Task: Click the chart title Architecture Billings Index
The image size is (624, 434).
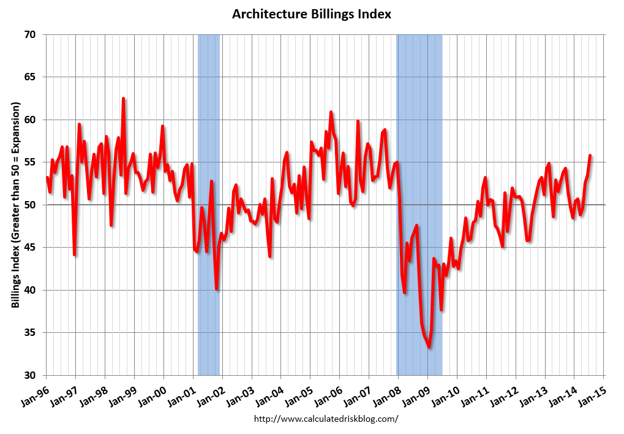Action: point(312,13)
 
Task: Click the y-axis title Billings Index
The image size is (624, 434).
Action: point(16,205)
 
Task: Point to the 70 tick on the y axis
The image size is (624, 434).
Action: point(31,35)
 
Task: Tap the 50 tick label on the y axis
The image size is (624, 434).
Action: point(31,205)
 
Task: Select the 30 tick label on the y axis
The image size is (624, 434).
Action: point(31,375)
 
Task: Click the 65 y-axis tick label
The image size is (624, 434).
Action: point(31,77)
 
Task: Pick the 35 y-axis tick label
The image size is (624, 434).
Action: point(31,333)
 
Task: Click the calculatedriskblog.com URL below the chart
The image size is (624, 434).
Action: point(326,419)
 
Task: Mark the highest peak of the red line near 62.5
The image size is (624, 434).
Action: point(123,98)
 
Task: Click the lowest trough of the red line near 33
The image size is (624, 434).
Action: point(429,348)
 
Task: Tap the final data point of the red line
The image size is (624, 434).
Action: point(590,155)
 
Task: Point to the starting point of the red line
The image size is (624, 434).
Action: point(47,178)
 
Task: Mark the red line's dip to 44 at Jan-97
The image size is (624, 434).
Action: point(74,254)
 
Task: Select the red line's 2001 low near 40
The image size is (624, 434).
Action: point(217,289)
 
